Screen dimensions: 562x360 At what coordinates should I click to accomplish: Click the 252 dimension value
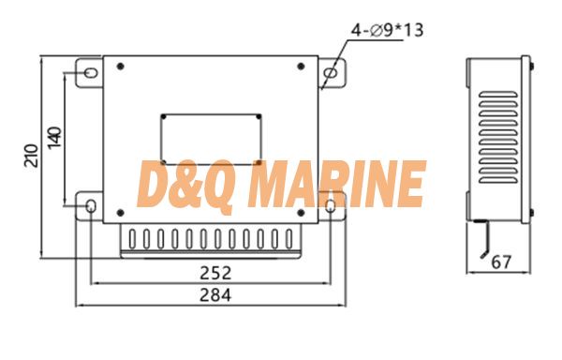215,273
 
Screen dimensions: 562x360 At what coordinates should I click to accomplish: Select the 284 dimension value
215,295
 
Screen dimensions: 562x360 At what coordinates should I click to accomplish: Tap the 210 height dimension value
31,156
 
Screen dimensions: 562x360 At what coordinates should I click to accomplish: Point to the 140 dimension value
54,138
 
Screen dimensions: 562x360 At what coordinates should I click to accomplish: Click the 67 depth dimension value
501,262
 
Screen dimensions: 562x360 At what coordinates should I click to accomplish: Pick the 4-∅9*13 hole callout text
387,30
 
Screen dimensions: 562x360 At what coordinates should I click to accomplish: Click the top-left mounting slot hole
91,73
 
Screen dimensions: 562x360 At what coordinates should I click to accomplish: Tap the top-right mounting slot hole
330,73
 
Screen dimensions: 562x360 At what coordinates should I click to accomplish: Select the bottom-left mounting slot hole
91,206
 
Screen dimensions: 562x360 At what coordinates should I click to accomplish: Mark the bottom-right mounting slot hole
330,206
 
